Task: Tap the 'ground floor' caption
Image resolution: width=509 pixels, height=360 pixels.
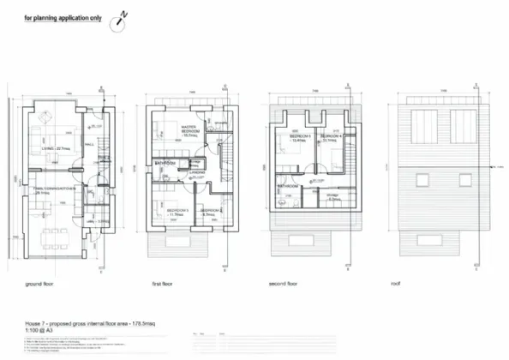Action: pyautogui.click(x=42, y=283)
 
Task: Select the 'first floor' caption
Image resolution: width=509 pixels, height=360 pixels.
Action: pyautogui.click(x=163, y=283)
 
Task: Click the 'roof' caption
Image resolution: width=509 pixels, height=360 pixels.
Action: pyautogui.click(x=395, y=283)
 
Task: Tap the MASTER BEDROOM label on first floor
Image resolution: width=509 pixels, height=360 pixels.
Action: pyautogui.click(x=190, y=131)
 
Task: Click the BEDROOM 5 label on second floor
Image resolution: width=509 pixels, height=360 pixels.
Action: pyautogui.click(x=301, y=137)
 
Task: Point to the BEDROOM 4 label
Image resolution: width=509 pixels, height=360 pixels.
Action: pyautogui.click(x=332, y=137)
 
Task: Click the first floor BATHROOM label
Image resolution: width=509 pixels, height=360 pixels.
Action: pyautogui.click(x=165, y=163)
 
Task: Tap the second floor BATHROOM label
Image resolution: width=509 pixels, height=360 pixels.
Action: pyautogui.click(x=288, y=186)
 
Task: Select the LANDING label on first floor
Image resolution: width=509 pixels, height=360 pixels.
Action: pyautogui.click(x=195, y=171)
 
